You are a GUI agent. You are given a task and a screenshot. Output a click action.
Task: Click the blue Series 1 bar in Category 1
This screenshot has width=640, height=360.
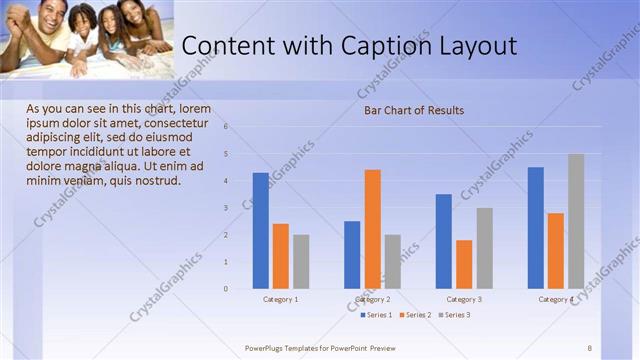pyautogui.click(x=260, y=231)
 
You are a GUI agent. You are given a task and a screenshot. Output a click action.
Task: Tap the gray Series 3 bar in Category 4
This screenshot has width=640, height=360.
pyautogui.click(x=576, y=221)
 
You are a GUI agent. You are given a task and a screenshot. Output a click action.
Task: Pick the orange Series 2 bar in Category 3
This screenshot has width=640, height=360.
pyautogui.click(x=464, y=264)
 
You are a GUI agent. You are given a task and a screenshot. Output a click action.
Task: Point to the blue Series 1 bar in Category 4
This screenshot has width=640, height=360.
pyautogui.click(x=535, y=228)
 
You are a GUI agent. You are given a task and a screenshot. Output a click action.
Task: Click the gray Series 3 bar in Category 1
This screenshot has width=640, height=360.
pyautogui.click(x=301, y=262)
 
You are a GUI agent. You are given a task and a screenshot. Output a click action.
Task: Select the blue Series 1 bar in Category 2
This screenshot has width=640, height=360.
pyautogui.click(x=352, y=255)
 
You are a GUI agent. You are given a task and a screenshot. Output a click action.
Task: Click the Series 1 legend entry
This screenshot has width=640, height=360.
pyautogui.click(x=377, y=315)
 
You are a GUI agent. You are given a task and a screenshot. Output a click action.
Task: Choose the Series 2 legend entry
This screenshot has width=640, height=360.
pyautogui.click(x=416, y=315)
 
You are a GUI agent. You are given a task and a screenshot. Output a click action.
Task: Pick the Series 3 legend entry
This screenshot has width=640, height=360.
pyautogui.click(x=455, y=315)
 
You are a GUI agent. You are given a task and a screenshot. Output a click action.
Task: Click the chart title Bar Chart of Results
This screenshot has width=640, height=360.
pyautogui.click(x=413, y=110)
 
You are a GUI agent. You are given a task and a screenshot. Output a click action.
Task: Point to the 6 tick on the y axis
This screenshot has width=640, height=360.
pyautogui.click(x=226, y=127)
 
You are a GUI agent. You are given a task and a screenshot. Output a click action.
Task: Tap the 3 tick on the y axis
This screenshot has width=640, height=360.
pyautogui.click(x=226, y=208)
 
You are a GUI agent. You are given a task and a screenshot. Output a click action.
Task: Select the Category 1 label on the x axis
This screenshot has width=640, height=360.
pyautogui.click(x=280, y=299)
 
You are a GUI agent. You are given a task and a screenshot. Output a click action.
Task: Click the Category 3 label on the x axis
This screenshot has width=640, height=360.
pyautogui.click(x=464, y=299)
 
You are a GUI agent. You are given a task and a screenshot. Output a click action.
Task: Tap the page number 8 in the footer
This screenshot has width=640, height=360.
pyautogui.click(x=590, y=347)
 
